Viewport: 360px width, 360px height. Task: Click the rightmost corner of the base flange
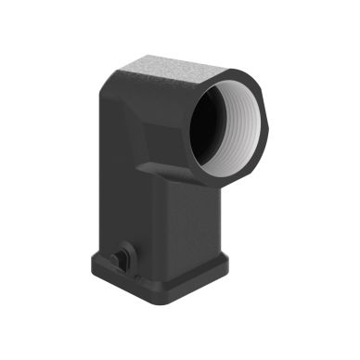227,262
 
